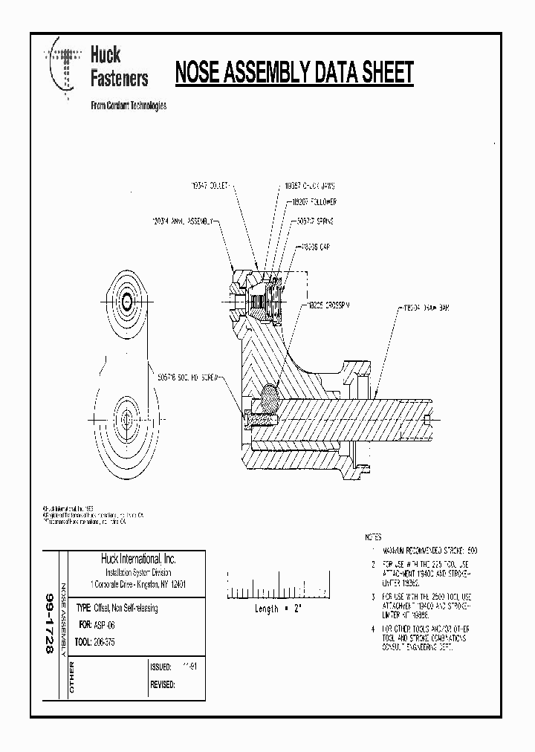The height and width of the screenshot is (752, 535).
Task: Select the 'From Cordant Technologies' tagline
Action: point(128,106)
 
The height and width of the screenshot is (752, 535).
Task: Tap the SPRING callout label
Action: point(316,221)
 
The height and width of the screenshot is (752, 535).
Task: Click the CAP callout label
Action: point(316,247)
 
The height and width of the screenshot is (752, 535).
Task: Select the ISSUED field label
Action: point(161,667)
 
